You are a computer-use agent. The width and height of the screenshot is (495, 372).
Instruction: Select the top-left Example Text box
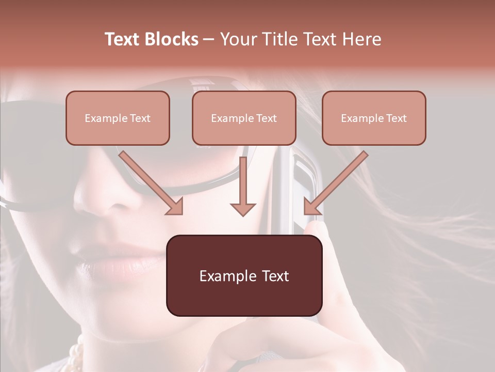118,118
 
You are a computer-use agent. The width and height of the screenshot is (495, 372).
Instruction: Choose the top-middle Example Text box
244,118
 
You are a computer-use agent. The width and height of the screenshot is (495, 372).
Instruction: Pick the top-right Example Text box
374,118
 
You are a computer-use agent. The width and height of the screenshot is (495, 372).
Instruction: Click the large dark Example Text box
244,275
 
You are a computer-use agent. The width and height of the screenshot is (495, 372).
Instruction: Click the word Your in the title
237,39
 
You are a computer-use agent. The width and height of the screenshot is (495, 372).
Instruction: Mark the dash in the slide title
209,39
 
